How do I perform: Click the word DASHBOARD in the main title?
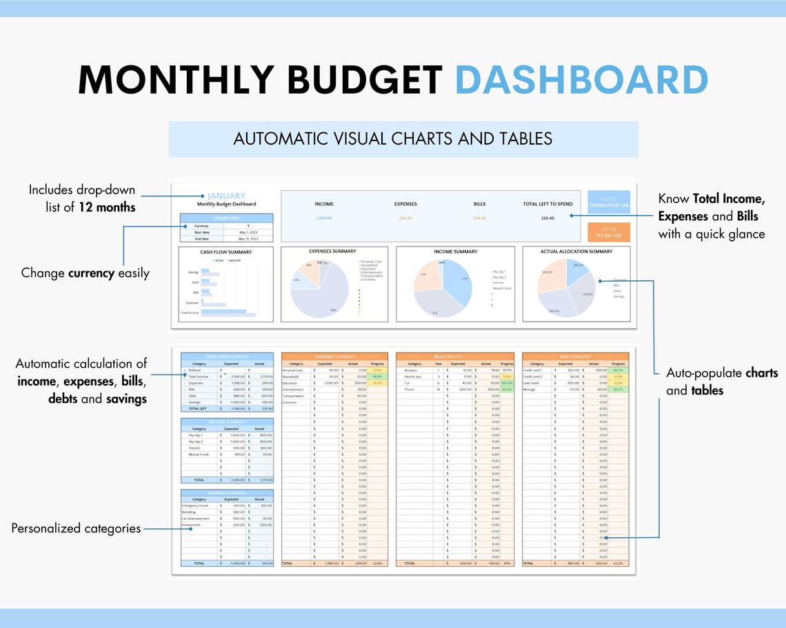tap(582, 80)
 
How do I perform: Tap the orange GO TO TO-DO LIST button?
tap(609, 232)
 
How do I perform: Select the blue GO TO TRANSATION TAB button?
tap(609, 202)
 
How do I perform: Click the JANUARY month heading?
tap(227, 196)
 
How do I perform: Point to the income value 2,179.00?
tap(324, 218)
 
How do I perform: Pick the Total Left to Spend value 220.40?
tap(547, 218)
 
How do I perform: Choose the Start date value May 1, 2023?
tap(249, 232)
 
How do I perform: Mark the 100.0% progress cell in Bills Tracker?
tap(507, 383)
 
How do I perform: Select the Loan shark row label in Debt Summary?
tap(532, 383)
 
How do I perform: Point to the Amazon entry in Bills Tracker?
tap(411, 370)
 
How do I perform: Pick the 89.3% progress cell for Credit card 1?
tap(618, 370)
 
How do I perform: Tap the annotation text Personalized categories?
tap(76, 529)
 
